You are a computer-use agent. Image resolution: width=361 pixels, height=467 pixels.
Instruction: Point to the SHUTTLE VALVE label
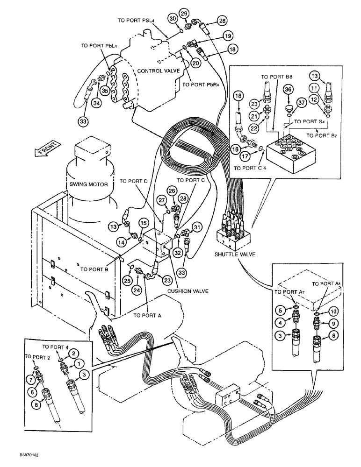click(233, 255)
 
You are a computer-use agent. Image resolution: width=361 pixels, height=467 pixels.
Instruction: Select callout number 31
click(197, 228)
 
